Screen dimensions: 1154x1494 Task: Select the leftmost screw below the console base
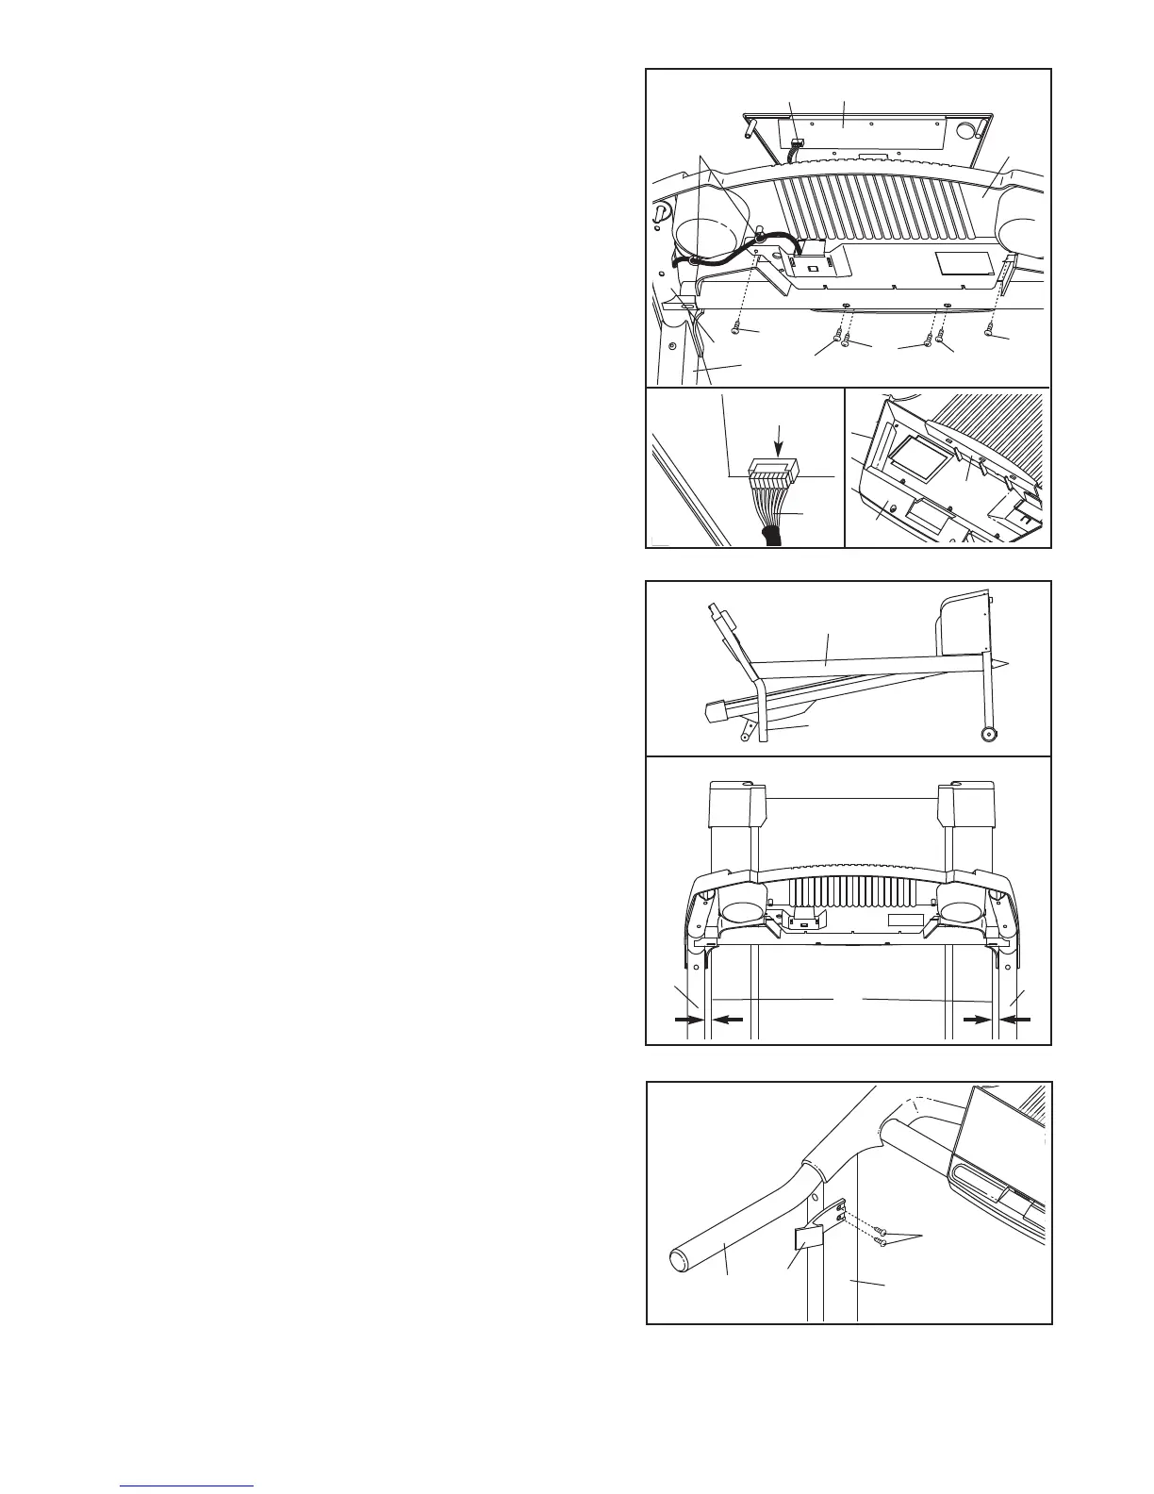tap(735, 330)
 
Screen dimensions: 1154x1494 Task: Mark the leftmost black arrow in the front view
tap(684, 1019)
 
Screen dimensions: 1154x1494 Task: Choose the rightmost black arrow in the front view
tap(1020, 1019)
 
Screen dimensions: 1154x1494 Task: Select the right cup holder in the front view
tap(959, 912)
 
